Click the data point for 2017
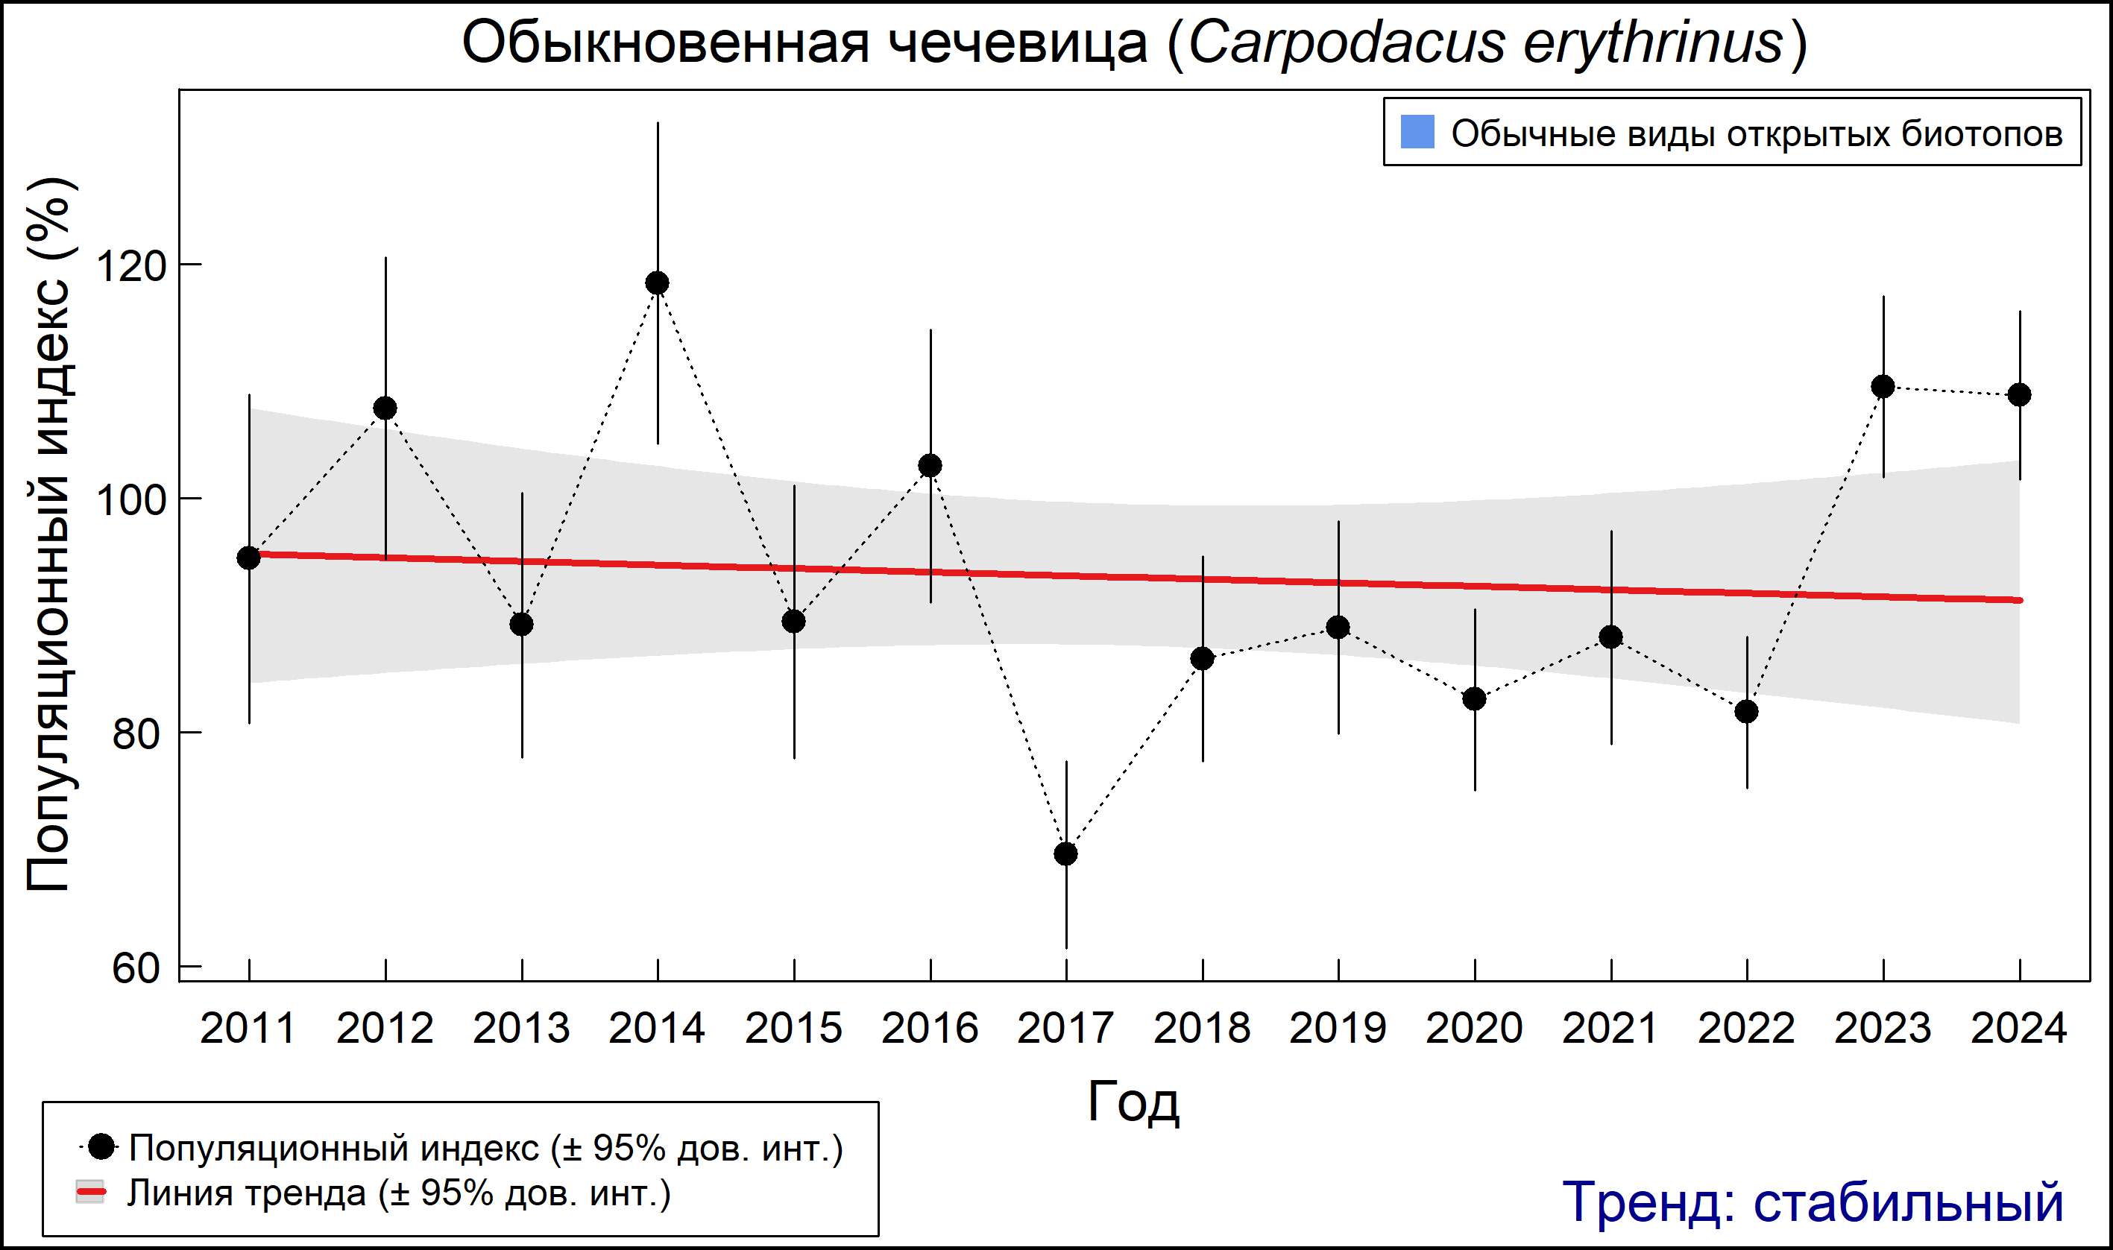click(1065, 854)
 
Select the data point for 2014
click(657, 283)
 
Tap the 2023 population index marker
click(1883, 387)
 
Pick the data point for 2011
click(248, 558)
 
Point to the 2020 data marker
click(1474, 699)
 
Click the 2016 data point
click(930, 466)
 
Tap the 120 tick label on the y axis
click(129, 266)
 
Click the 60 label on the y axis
click(136, 969)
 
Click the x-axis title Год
click(1133, 1102)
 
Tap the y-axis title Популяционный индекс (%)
click(48, 535)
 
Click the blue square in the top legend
click(1417, 132)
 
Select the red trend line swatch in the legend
click(91, 1192)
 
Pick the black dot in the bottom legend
click(102, 1146)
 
